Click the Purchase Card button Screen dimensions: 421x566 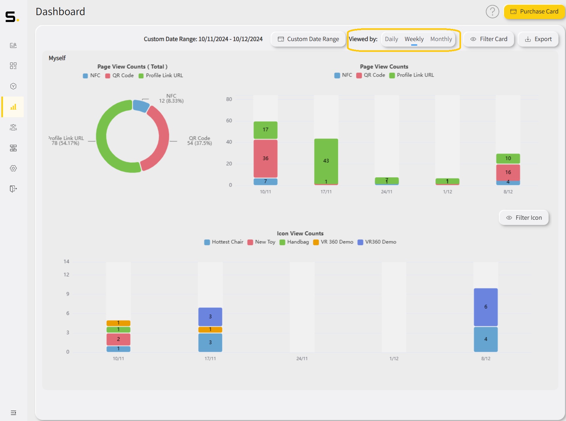click(534, 12)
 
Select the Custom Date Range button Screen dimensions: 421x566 click(308, 39)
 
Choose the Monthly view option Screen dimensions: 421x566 click(441, 39)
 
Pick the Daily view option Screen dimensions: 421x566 click(391, 39)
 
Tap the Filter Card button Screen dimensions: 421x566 click(489, 39)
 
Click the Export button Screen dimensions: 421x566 click(538, 39)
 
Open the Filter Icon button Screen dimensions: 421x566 click(524, 218)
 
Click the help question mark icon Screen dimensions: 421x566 click(492, 12)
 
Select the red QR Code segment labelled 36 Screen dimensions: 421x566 click(265, 158)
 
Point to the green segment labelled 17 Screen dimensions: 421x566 click(265, 130)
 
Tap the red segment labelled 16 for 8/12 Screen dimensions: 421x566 click(508, 172)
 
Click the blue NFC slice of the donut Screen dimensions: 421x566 click(141, 106)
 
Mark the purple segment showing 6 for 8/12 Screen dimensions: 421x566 click(486, 307)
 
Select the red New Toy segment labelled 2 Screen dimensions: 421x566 click(118, 339)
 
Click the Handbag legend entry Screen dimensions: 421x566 click(294, 242)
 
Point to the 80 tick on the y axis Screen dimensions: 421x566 click(229, 99)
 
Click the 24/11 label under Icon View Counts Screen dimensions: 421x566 click(302, 359)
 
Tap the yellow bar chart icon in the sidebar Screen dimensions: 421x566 click(13, 107)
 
